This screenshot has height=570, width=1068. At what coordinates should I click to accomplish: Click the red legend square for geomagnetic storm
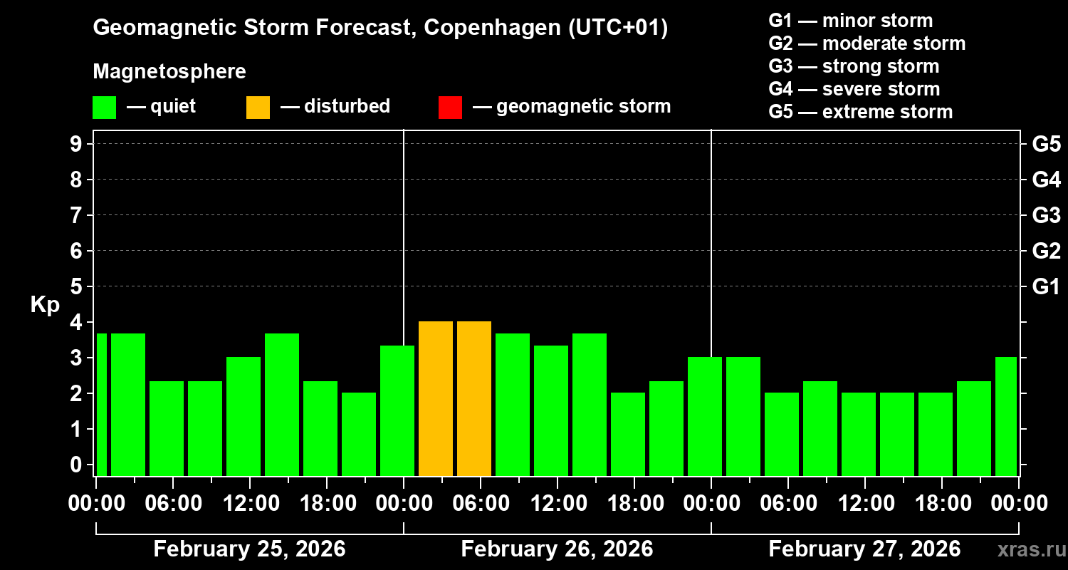450,107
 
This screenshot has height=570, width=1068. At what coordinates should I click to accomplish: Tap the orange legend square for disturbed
258,107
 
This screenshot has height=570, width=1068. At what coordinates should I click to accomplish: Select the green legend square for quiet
104,107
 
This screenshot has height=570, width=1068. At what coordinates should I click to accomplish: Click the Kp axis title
45,304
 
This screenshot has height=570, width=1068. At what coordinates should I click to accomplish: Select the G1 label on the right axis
1046,287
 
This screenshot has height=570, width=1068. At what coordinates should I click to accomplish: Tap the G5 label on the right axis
1046,145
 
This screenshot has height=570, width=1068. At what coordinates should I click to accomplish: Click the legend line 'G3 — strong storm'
854,66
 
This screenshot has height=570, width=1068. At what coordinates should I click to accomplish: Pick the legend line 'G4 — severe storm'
854,89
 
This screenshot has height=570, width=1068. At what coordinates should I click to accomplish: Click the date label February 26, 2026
557,549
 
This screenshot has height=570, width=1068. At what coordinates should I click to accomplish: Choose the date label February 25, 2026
249,549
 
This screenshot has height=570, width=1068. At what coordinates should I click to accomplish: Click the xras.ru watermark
1026,549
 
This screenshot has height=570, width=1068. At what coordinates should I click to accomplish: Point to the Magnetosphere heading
169,72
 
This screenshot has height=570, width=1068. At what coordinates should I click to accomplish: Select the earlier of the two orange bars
436,398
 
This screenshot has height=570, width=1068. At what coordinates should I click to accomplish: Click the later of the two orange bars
474,398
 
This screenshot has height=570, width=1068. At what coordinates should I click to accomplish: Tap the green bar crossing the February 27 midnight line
705,416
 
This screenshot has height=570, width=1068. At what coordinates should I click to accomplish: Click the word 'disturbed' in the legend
347,106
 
